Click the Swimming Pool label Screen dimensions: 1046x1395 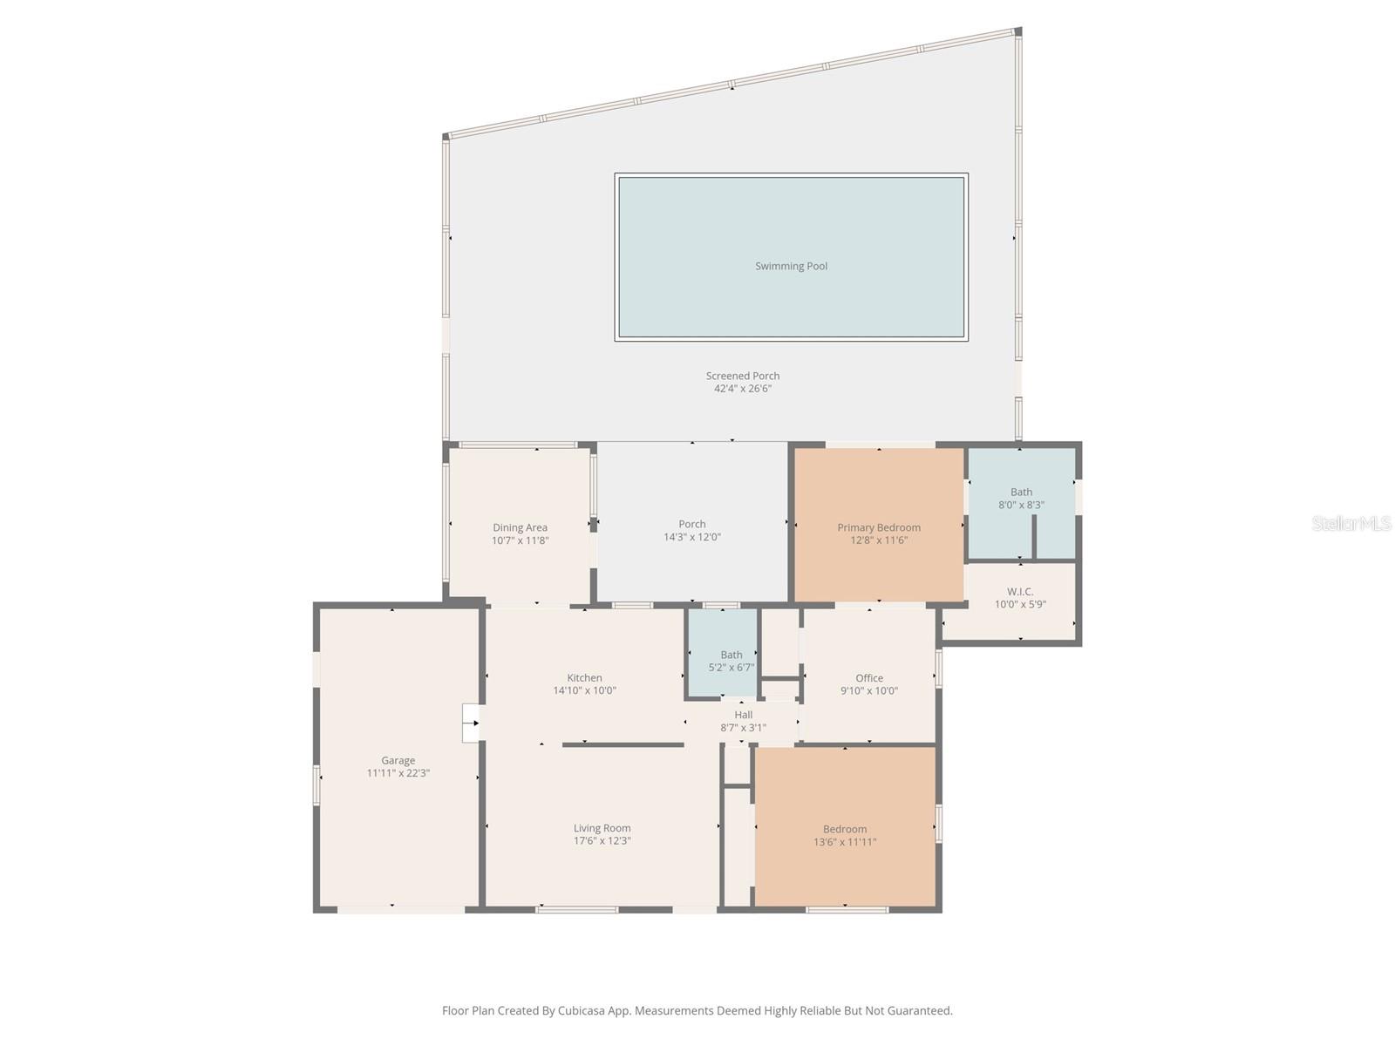pyautogui.click(x=791, y=266)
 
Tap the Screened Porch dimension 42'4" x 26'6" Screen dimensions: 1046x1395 pyautogui.click(x=743, y=389)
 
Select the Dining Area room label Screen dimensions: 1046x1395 pyautogui.click(x=520, y=527)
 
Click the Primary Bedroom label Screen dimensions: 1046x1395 pyautogui.click(x=878, y=527)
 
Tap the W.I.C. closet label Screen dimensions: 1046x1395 pyautogui.click(x=1020, y=592)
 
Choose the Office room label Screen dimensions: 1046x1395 pyautogui.click(x=868, y=678)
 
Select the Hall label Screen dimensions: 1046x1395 pyautogui.click(x=743, y=715)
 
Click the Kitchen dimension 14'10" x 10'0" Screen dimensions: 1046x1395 pyautogui.click(x=584, y=690)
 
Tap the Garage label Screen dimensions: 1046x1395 pyautogui.click(x=398, y=760)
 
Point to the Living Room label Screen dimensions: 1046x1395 pyautogui.click(x=602, y=828)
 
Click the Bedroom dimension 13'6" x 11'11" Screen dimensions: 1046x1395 pyautogui.click(x=844, y=842)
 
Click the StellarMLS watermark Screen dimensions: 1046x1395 pyautogui.click(x=1351, y=523)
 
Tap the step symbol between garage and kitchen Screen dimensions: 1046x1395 pyautogui.click(x=471, y=723)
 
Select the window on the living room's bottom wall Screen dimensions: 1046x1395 pyautogui.click(x=576, y=910)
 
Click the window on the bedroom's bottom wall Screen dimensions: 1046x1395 pyautogui.click(x=847, y=910)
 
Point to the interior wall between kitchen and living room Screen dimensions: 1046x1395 pyautogui.click(x=623, y=744)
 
